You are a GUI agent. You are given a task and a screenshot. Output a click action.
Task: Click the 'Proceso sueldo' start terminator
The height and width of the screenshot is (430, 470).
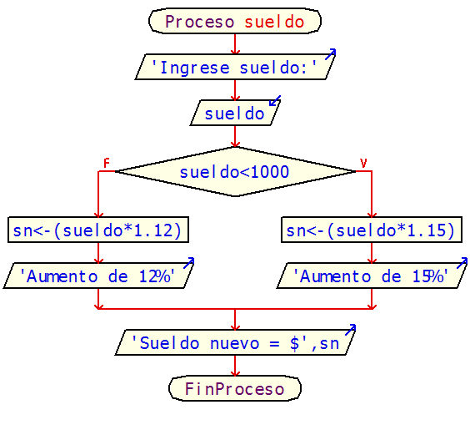[234, 22]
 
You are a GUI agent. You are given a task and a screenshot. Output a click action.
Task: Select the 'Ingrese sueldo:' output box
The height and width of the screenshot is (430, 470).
[234, 67]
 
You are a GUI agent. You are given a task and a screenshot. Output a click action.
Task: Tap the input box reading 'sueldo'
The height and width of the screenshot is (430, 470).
[234, 113]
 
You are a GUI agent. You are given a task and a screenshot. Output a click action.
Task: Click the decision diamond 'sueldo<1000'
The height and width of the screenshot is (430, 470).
[234, 172]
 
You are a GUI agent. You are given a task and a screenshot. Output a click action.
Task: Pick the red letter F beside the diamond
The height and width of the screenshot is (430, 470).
[106, 162]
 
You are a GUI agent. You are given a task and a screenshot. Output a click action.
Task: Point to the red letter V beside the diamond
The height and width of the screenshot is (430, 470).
[363, 162]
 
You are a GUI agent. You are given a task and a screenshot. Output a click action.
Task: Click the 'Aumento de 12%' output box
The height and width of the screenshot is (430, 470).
[98, 276]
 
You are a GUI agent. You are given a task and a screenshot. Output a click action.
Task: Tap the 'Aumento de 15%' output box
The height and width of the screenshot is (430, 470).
[371, 276]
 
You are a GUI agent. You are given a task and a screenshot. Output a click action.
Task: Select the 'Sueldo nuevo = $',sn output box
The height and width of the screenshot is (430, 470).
[234, 342]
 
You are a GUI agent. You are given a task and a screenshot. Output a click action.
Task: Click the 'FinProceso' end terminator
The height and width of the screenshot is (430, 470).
[234, 388]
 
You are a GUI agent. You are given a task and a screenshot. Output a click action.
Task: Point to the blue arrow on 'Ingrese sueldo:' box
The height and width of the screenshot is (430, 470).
[330, 54]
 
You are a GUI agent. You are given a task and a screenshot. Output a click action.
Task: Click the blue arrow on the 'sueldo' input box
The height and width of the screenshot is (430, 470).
[274, 101]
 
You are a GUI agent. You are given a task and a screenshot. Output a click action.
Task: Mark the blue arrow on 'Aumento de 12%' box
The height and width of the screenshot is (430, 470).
[188, 262]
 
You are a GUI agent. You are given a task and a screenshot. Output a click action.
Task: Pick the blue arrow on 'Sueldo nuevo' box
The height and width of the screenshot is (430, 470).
[350, 330]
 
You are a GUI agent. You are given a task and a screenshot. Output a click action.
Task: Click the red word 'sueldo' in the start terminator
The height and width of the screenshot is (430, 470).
[274, 22]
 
